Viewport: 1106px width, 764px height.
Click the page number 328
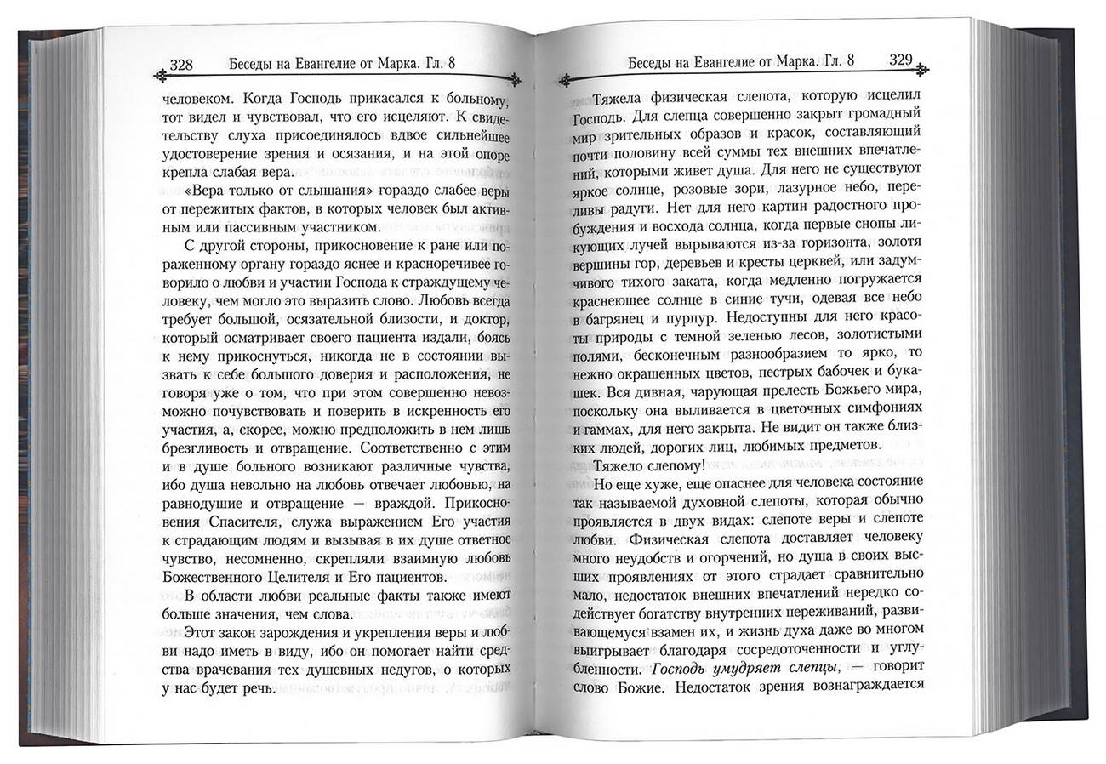pos(182,64)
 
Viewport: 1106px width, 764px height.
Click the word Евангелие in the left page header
pos(336,64)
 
